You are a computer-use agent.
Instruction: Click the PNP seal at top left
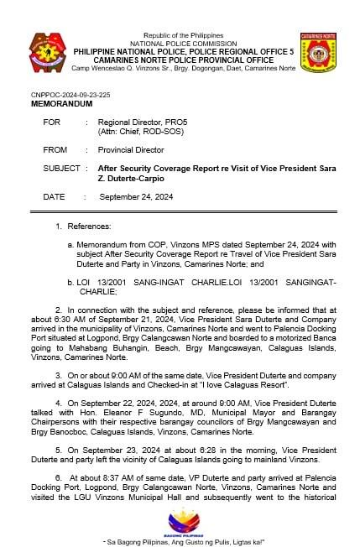click(44, 50)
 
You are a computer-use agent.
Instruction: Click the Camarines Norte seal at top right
click(317, 51)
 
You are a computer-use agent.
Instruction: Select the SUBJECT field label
click(61, 168)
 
